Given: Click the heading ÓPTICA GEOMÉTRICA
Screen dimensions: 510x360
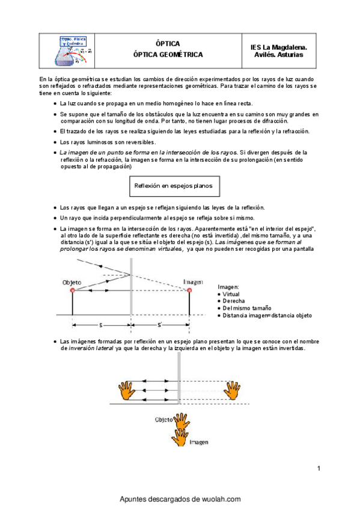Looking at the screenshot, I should click(168, 55).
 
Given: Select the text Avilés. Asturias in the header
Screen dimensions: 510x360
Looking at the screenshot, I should click(279, 55).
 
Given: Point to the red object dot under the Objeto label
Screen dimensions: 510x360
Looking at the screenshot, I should click(73, 290).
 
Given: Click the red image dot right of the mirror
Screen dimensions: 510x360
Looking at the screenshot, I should click(190, 290).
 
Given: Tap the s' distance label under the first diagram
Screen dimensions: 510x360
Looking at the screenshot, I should click(160, 325).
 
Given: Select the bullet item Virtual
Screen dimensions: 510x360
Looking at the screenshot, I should click(233, 294).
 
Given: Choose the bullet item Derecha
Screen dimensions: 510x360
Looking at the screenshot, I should click(234, 301).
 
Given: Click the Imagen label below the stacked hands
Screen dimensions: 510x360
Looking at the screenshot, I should click(199, 442).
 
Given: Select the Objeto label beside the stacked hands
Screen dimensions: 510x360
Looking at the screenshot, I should click(164, 419).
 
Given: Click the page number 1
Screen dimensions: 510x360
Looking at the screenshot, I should click(319, 469).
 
